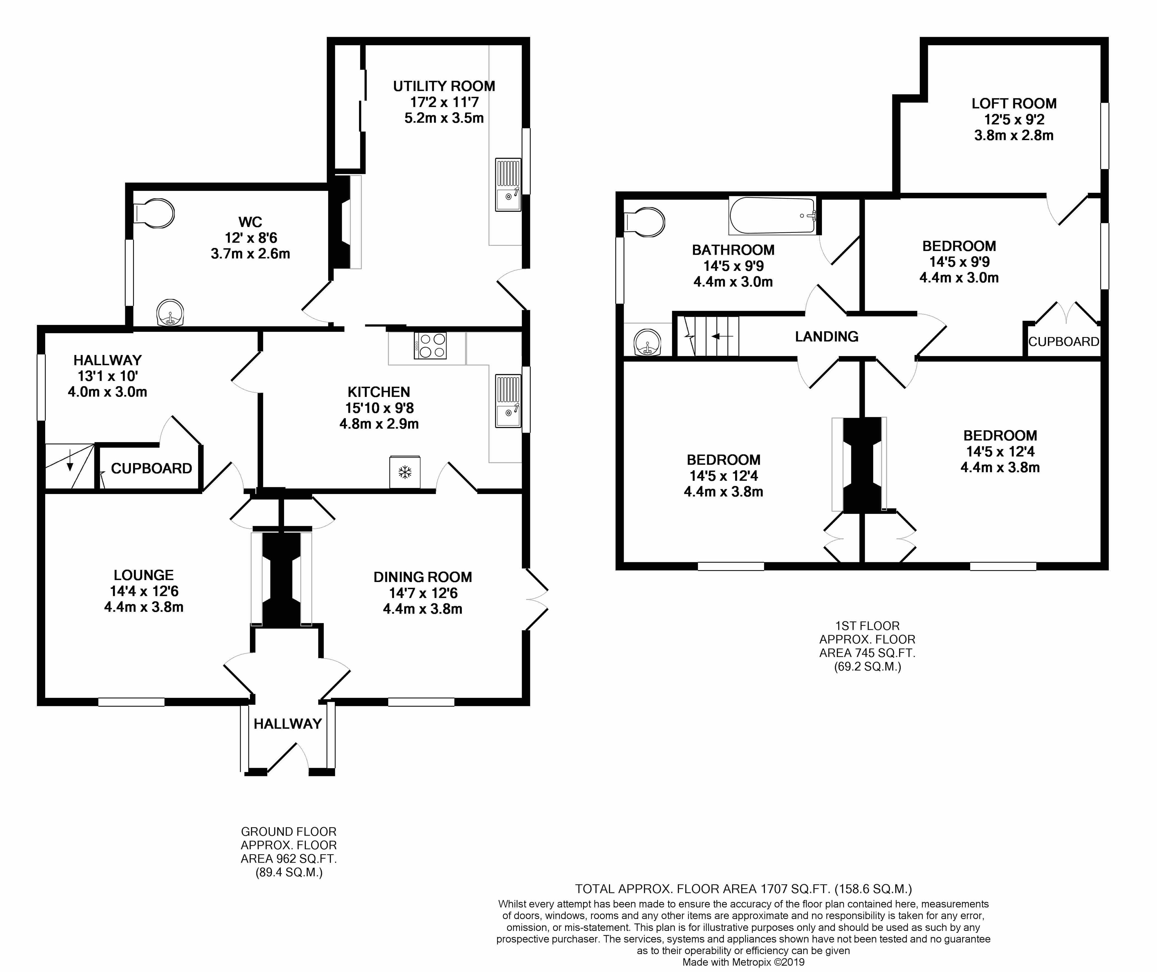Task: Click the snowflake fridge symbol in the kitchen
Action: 405,472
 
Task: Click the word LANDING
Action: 826,336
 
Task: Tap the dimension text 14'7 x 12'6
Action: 423,593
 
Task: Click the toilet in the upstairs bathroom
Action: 646,223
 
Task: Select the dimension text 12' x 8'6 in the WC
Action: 250,238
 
